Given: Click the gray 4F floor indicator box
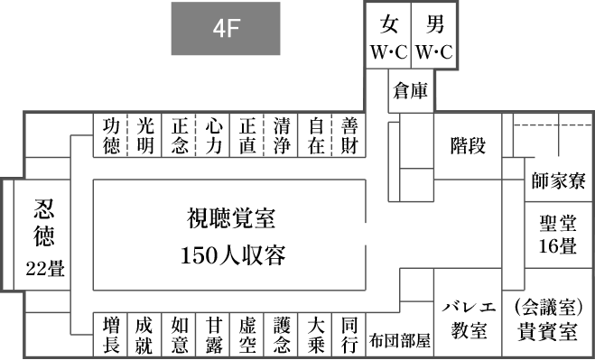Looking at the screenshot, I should [x=226, y=29].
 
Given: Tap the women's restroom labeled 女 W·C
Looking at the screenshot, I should [x=389, y=36].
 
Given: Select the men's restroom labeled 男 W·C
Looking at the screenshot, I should [x=435, y=36].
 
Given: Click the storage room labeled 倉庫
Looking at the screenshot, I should [x=411, y=91].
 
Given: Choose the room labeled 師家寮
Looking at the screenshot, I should [x=559, y=180].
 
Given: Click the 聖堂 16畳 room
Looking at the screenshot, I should [x=559, y=233].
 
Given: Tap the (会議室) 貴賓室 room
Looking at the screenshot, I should [x=553, y=317].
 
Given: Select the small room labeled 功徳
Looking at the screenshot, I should [x=111, y=135].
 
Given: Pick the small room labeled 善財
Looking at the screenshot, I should [x=349, y=135].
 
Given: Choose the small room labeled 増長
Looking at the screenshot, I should [x=111, y=335].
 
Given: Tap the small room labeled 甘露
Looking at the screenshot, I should [x=213, y=335].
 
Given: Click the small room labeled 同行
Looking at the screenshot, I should [x=349, y=335].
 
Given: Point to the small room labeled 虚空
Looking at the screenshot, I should [x=247, y=335].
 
